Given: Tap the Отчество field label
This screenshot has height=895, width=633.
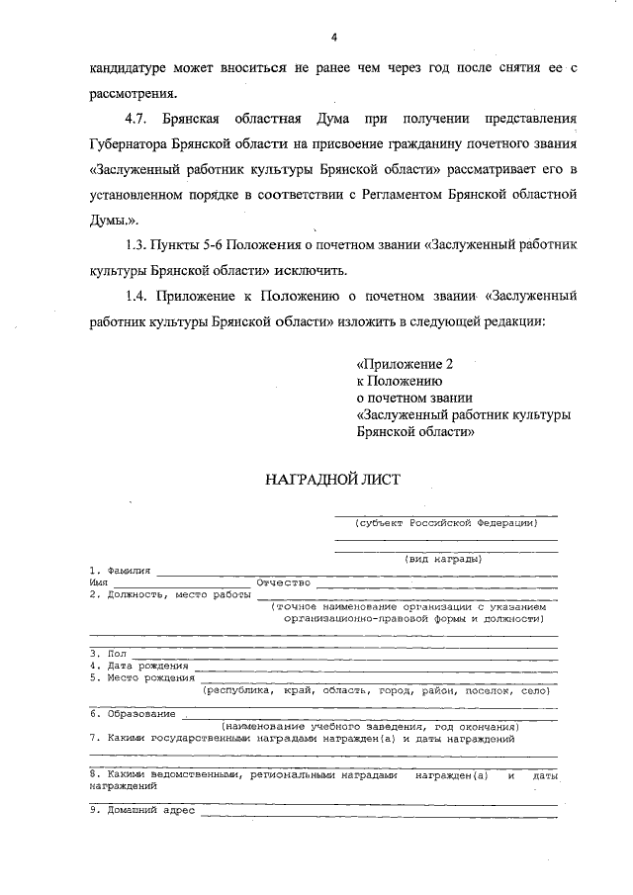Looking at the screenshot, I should pos(284,582).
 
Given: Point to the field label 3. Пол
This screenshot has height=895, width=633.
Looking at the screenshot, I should pos(108,654).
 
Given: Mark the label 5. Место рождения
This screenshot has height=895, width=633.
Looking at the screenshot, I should pos(140,677).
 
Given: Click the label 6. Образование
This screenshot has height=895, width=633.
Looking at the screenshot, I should pos(133,713).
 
